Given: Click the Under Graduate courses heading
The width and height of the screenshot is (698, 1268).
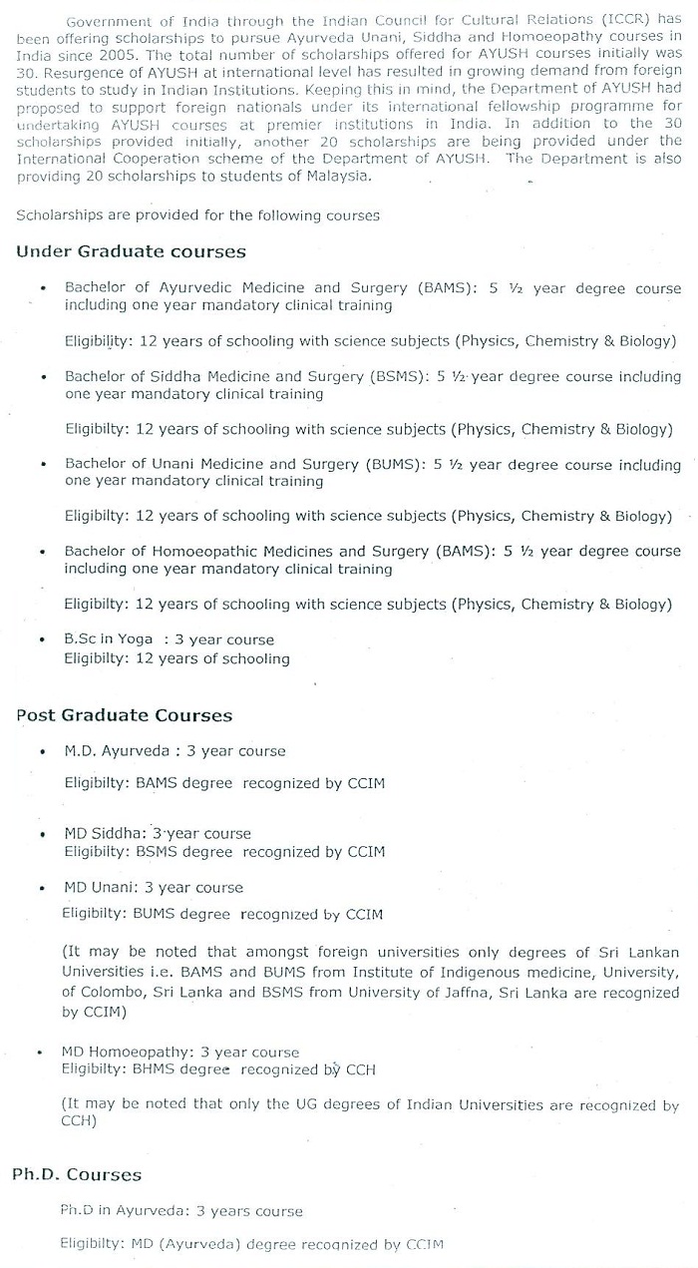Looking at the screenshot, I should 131,252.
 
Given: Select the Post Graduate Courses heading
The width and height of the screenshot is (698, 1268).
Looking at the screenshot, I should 124,715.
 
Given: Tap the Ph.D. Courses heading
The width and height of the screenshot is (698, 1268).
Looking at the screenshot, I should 77,1174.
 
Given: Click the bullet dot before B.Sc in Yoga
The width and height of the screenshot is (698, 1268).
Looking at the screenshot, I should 43,640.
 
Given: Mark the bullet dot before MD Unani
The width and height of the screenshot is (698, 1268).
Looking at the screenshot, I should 43,889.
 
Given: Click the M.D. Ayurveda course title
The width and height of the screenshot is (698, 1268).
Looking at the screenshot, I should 117,751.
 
